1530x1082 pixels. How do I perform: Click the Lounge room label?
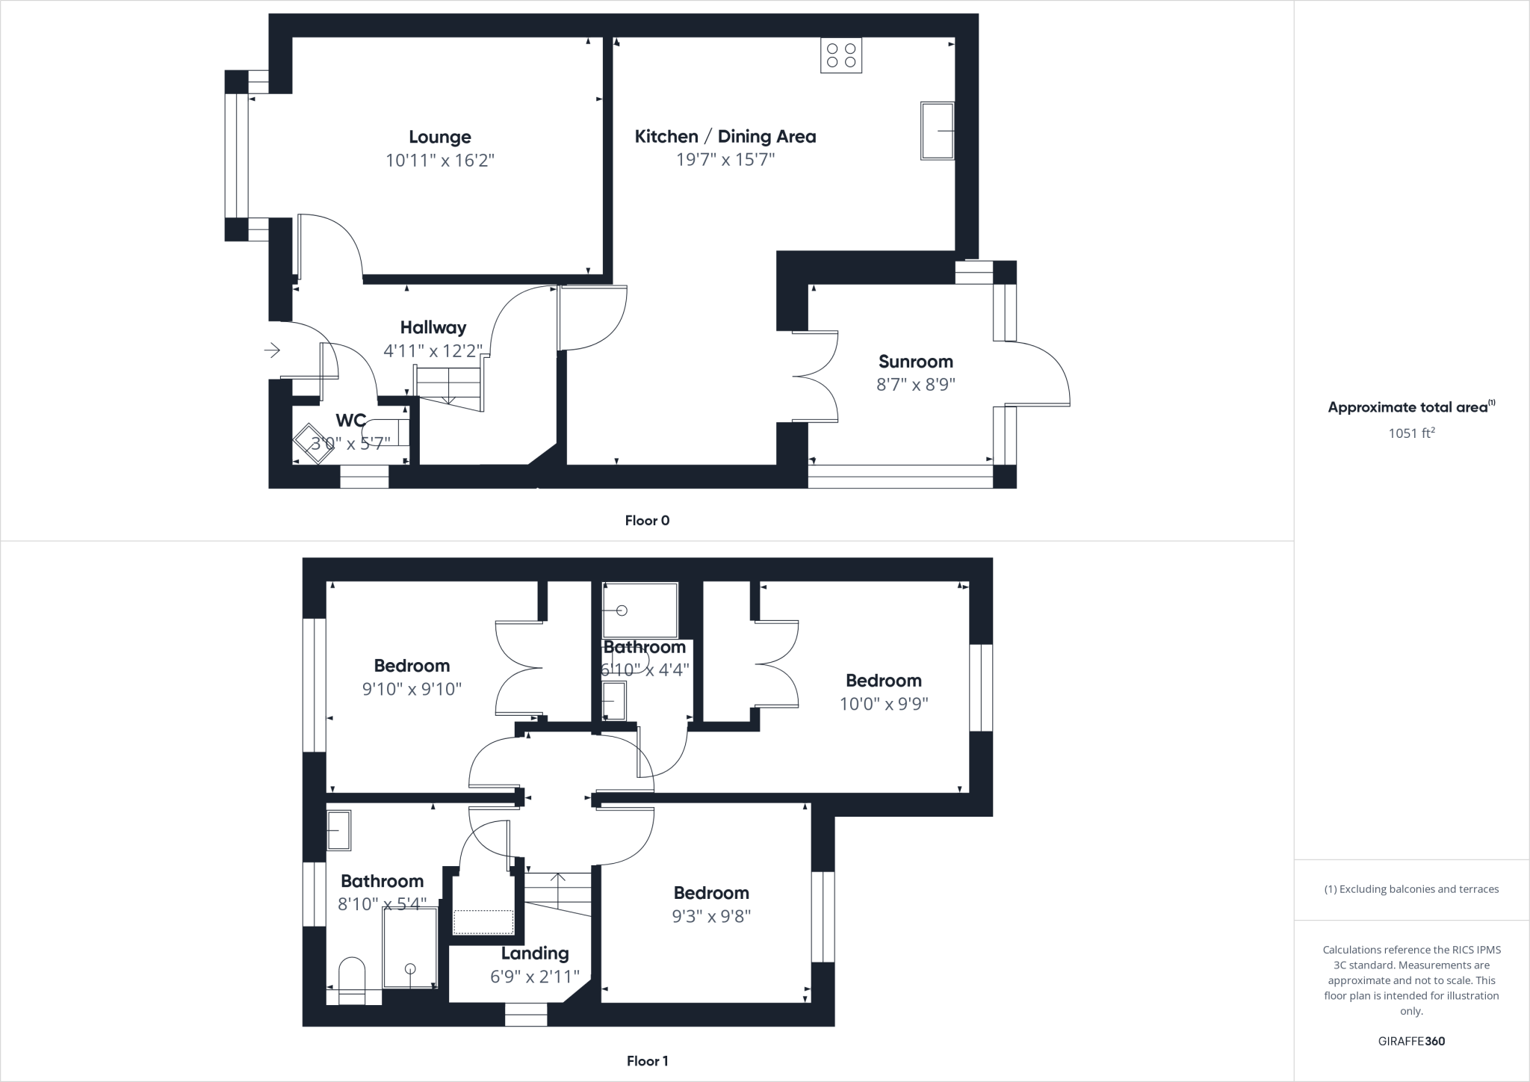click(x=440, y=137)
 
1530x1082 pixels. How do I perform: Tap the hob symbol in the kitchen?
click(x=841, y=56)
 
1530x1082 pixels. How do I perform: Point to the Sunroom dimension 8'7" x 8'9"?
click(x=916, y=385)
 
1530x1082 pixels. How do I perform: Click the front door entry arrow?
click(x=272, y=350)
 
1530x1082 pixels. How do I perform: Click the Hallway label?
click(x=433, y=327)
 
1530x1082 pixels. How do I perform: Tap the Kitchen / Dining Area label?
click(x=725, y=136)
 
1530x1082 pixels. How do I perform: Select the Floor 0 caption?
click(x=647, y=521)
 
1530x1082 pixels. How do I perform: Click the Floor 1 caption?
click(x=647, y=1061)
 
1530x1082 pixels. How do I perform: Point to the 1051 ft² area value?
click(x=1411, y=433)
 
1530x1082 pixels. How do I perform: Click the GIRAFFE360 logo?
click(x=1411, y=1041)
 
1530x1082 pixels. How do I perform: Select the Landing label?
click(x=535, y=953)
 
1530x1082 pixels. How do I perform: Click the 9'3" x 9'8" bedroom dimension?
click(x=711, y=916)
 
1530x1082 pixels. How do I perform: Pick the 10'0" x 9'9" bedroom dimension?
click(x=884, y=704)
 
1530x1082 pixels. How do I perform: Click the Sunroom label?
click(x=916, y=362)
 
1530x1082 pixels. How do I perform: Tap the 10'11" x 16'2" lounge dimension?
click(x=440, y=160)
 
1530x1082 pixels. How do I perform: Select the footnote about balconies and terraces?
click(x=1411, y=889)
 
